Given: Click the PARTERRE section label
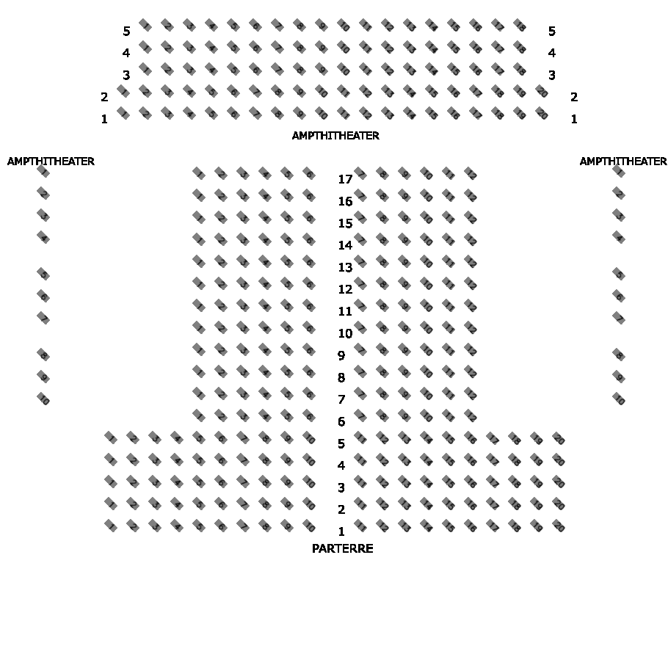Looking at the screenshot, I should tap(342, 548).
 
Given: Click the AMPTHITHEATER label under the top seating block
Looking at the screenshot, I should tap(335, 136).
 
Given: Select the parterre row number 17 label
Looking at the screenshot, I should tap(345, 179).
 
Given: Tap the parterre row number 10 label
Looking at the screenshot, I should tap(345, 333).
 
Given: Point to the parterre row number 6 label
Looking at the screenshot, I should tap(341, 421).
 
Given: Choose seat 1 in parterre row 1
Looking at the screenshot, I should tap(111, 526).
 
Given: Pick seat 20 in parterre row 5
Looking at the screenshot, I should tap(559, 438).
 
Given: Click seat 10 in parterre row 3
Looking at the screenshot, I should tap(309, 482).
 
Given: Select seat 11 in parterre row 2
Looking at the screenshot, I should tap(360, 504).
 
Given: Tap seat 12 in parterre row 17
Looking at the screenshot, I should tap(471, 174).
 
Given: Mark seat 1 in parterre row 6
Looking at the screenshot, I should tap(198, 415).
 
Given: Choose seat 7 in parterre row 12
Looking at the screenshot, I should tap(360, 283).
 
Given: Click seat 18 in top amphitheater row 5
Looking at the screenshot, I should tap(520, 26).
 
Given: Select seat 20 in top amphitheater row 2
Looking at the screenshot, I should tap(542, 92).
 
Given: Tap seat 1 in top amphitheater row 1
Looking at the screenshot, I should tap(123, 114).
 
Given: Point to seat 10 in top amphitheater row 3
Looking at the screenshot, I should tap(344, 70).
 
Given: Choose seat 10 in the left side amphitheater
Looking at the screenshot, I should tap(43, 399).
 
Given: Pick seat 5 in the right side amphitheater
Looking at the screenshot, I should tap(619, 274).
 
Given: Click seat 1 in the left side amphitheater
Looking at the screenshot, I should tap(43, 171).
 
